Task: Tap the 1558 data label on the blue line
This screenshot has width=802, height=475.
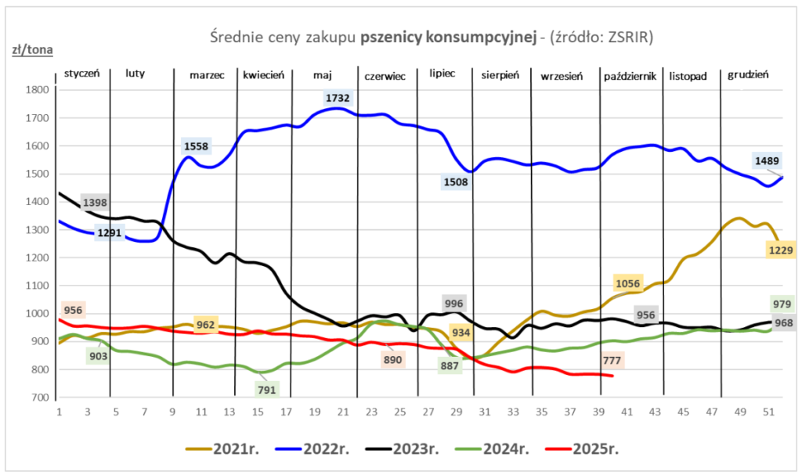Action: click(197, 146)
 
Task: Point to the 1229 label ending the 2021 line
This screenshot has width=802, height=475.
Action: click(782, 250)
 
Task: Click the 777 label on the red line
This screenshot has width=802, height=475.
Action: click(613, 361)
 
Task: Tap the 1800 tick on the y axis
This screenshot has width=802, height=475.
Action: click(38, 90)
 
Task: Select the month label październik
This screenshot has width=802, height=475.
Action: click(630, 75)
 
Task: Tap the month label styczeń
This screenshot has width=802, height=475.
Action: click(85, 74)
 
